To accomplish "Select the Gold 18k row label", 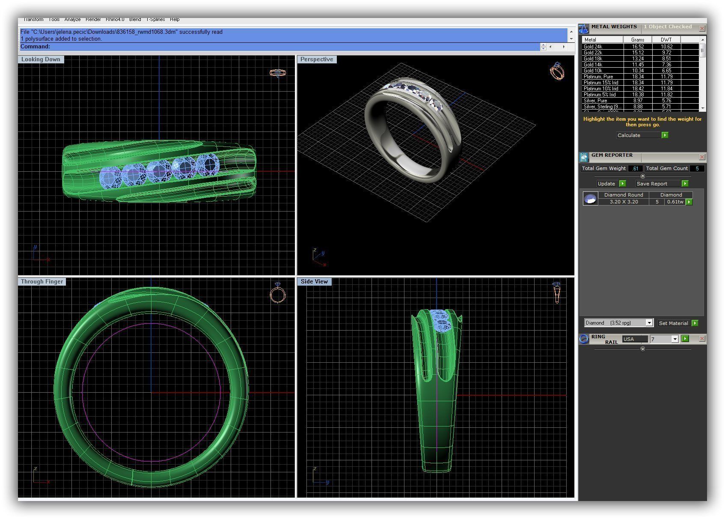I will tap(593, 59).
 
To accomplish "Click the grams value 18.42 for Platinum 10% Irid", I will tap(638, 89).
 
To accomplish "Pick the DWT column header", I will tap(666, 40).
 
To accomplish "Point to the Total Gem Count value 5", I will tap(697, 169).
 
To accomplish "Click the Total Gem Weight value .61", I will tap(636, 169).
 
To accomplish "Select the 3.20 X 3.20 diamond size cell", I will tap(624, 202).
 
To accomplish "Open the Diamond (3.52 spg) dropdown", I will tap(649, 323).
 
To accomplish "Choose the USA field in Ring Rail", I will tap(634, 339).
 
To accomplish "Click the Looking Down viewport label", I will tap(41, 60).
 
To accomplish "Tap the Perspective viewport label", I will tap(317, 60).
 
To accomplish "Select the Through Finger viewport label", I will tap(42, 282).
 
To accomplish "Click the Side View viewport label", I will tap(314, 282).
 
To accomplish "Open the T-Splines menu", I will tap(155, 19).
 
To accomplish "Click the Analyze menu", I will tap(72, 19).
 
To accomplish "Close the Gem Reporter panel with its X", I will tap(702, 157).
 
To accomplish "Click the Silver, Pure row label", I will tap(595, 101).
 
